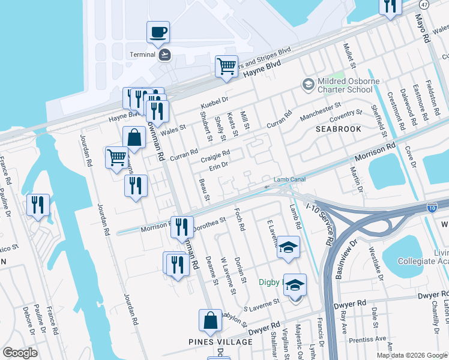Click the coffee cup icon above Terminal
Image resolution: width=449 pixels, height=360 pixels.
click(158, 32)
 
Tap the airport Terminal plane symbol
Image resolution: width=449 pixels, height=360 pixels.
click(164, 55)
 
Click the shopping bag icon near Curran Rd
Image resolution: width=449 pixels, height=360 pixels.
click(134, 137)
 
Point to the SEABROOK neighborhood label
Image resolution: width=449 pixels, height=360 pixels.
click(339, 129)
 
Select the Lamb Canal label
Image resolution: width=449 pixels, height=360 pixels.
click(290, 179)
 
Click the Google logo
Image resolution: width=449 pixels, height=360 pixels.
click(20, 353)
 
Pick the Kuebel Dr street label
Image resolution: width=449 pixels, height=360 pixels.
click(215, 103)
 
